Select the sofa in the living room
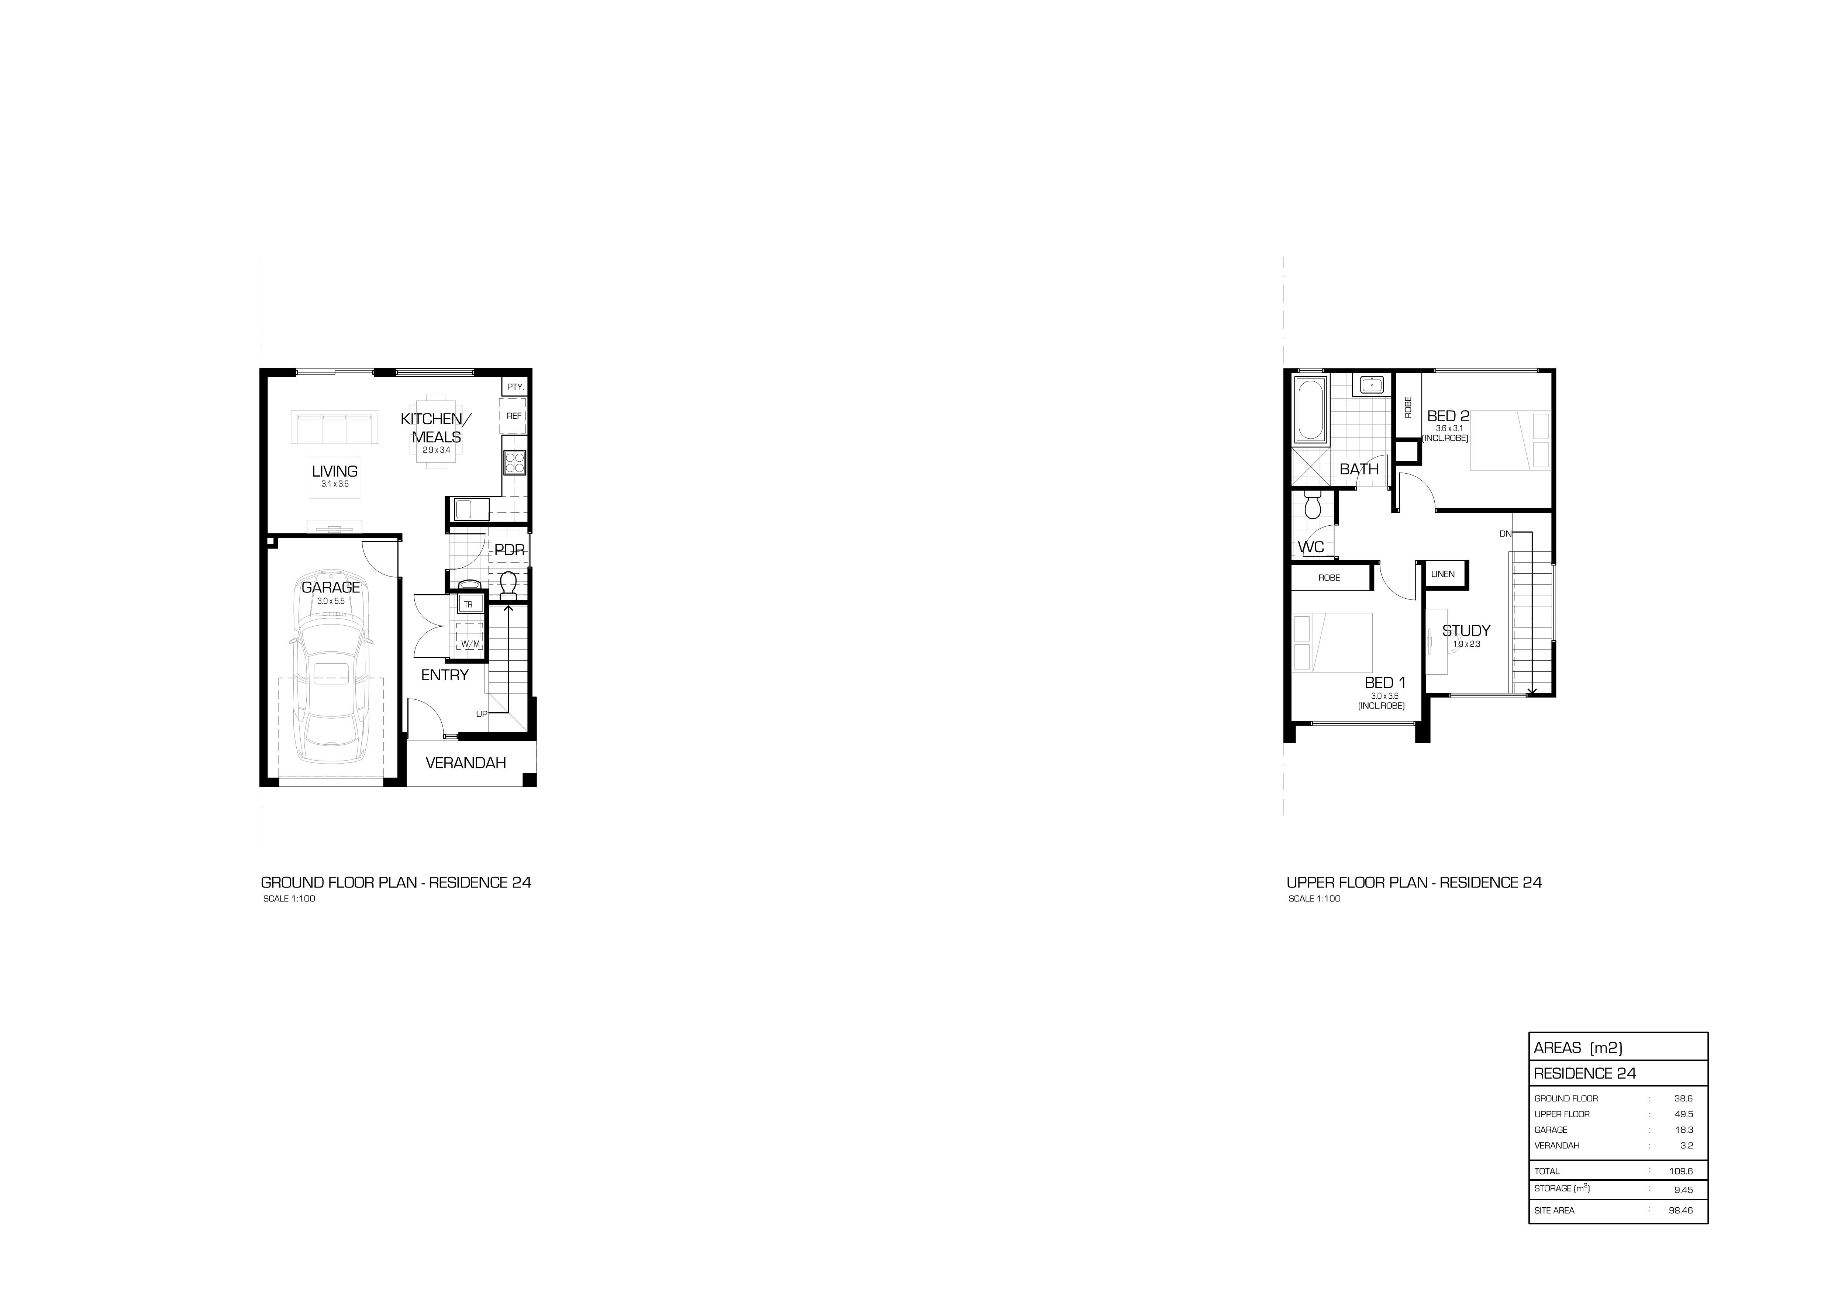pos(334,428)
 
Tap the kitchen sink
pos(470,509)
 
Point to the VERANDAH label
pos(466,763)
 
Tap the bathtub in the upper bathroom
pos(1310,411)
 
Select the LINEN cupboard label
pos(1443,574)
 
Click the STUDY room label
pos(1466,631)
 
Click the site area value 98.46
pos(1680,1210)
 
